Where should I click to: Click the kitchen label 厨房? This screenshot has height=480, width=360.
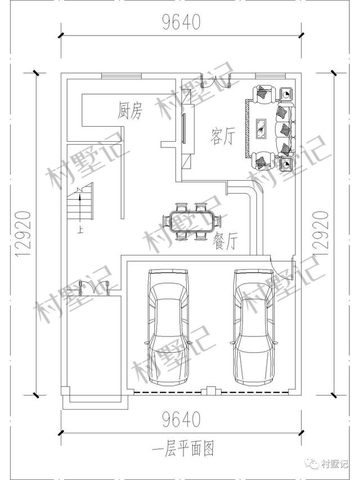[x=130, y=110]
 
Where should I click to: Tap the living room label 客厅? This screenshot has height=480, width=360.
[x=223, y=136]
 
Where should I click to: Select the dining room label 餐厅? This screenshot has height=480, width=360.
[x=226, y=241]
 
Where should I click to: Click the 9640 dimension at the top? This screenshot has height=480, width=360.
[x=181, y=22]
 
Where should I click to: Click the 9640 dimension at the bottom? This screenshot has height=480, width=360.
[x=181, y=419]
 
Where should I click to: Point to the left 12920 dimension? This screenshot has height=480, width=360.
[x=23, y=234]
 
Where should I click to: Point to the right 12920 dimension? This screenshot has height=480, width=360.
[x=321, y=234]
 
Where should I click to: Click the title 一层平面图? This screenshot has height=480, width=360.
[x=183, y=449]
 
